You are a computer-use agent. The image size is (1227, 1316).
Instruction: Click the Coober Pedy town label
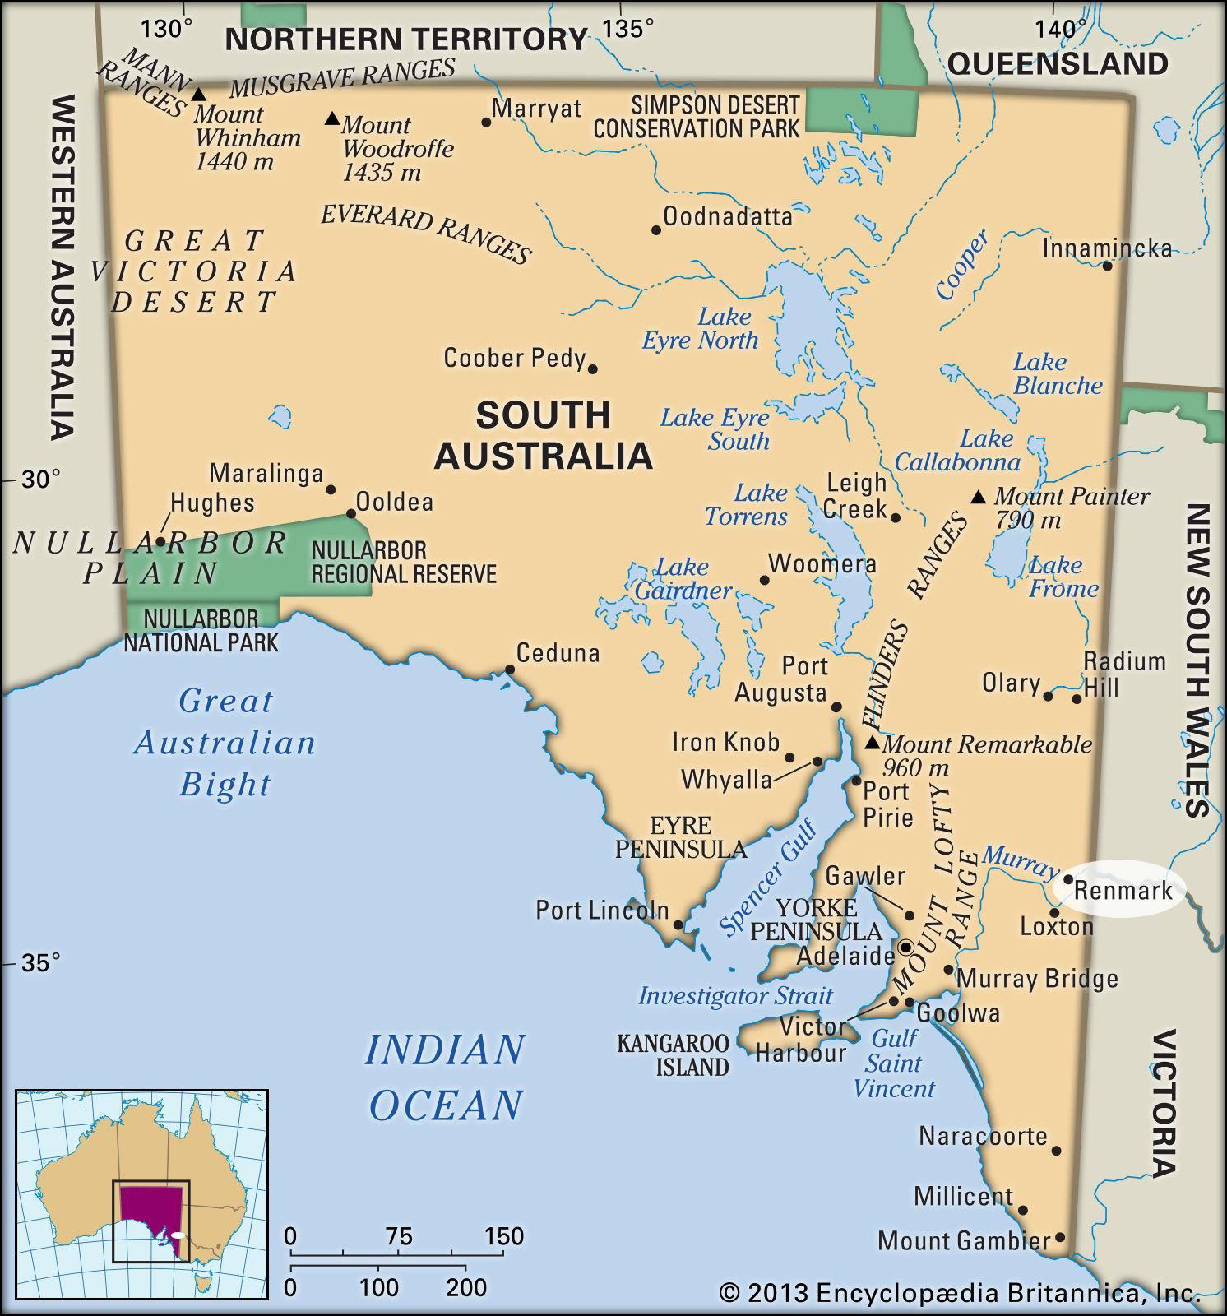click(514, 358)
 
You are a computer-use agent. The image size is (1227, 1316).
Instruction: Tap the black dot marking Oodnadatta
click(656, 230)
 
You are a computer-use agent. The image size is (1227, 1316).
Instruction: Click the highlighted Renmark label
click(1123, 890)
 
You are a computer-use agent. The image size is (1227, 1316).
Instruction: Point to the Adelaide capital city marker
click(905, 947)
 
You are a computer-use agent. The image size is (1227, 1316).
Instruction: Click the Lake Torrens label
click(746, 505)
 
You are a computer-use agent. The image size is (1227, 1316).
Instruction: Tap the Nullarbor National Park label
click(201, 630)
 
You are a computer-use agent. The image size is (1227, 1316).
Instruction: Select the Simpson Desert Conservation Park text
click(697, 117)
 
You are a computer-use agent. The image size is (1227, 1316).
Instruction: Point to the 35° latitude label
click(40, 962)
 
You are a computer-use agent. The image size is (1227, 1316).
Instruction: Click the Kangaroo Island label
click(673, 1055)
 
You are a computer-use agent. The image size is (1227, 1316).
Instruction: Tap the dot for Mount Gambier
click(1060, 1237)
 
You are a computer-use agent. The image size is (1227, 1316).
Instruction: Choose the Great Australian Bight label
click(225, 742)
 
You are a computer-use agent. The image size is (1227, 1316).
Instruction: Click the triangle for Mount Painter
click(978, 497)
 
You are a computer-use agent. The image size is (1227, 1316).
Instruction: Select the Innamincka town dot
click(1107, 266)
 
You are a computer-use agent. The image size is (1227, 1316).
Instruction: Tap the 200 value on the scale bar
click(466, 1286)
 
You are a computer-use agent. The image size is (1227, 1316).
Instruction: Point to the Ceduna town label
click(558, 653)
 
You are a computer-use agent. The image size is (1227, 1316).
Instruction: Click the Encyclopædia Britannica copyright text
click(959, 1293)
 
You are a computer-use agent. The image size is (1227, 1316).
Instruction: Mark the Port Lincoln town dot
click(678, 924)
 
